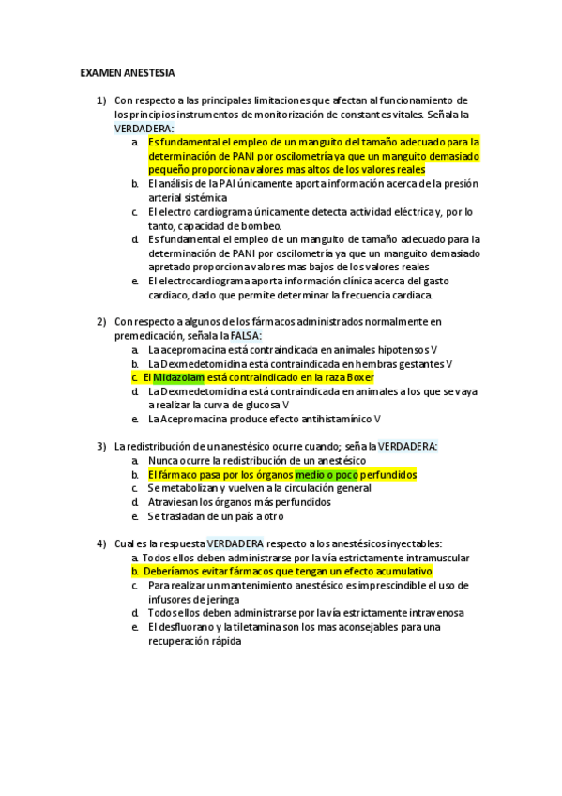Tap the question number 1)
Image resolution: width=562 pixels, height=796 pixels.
[101, 99]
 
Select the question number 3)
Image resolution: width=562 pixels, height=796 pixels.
[101, 446]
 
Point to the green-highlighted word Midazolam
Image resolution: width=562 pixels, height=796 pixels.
[178, 377]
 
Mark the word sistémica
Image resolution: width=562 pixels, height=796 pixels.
[199, 198]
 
